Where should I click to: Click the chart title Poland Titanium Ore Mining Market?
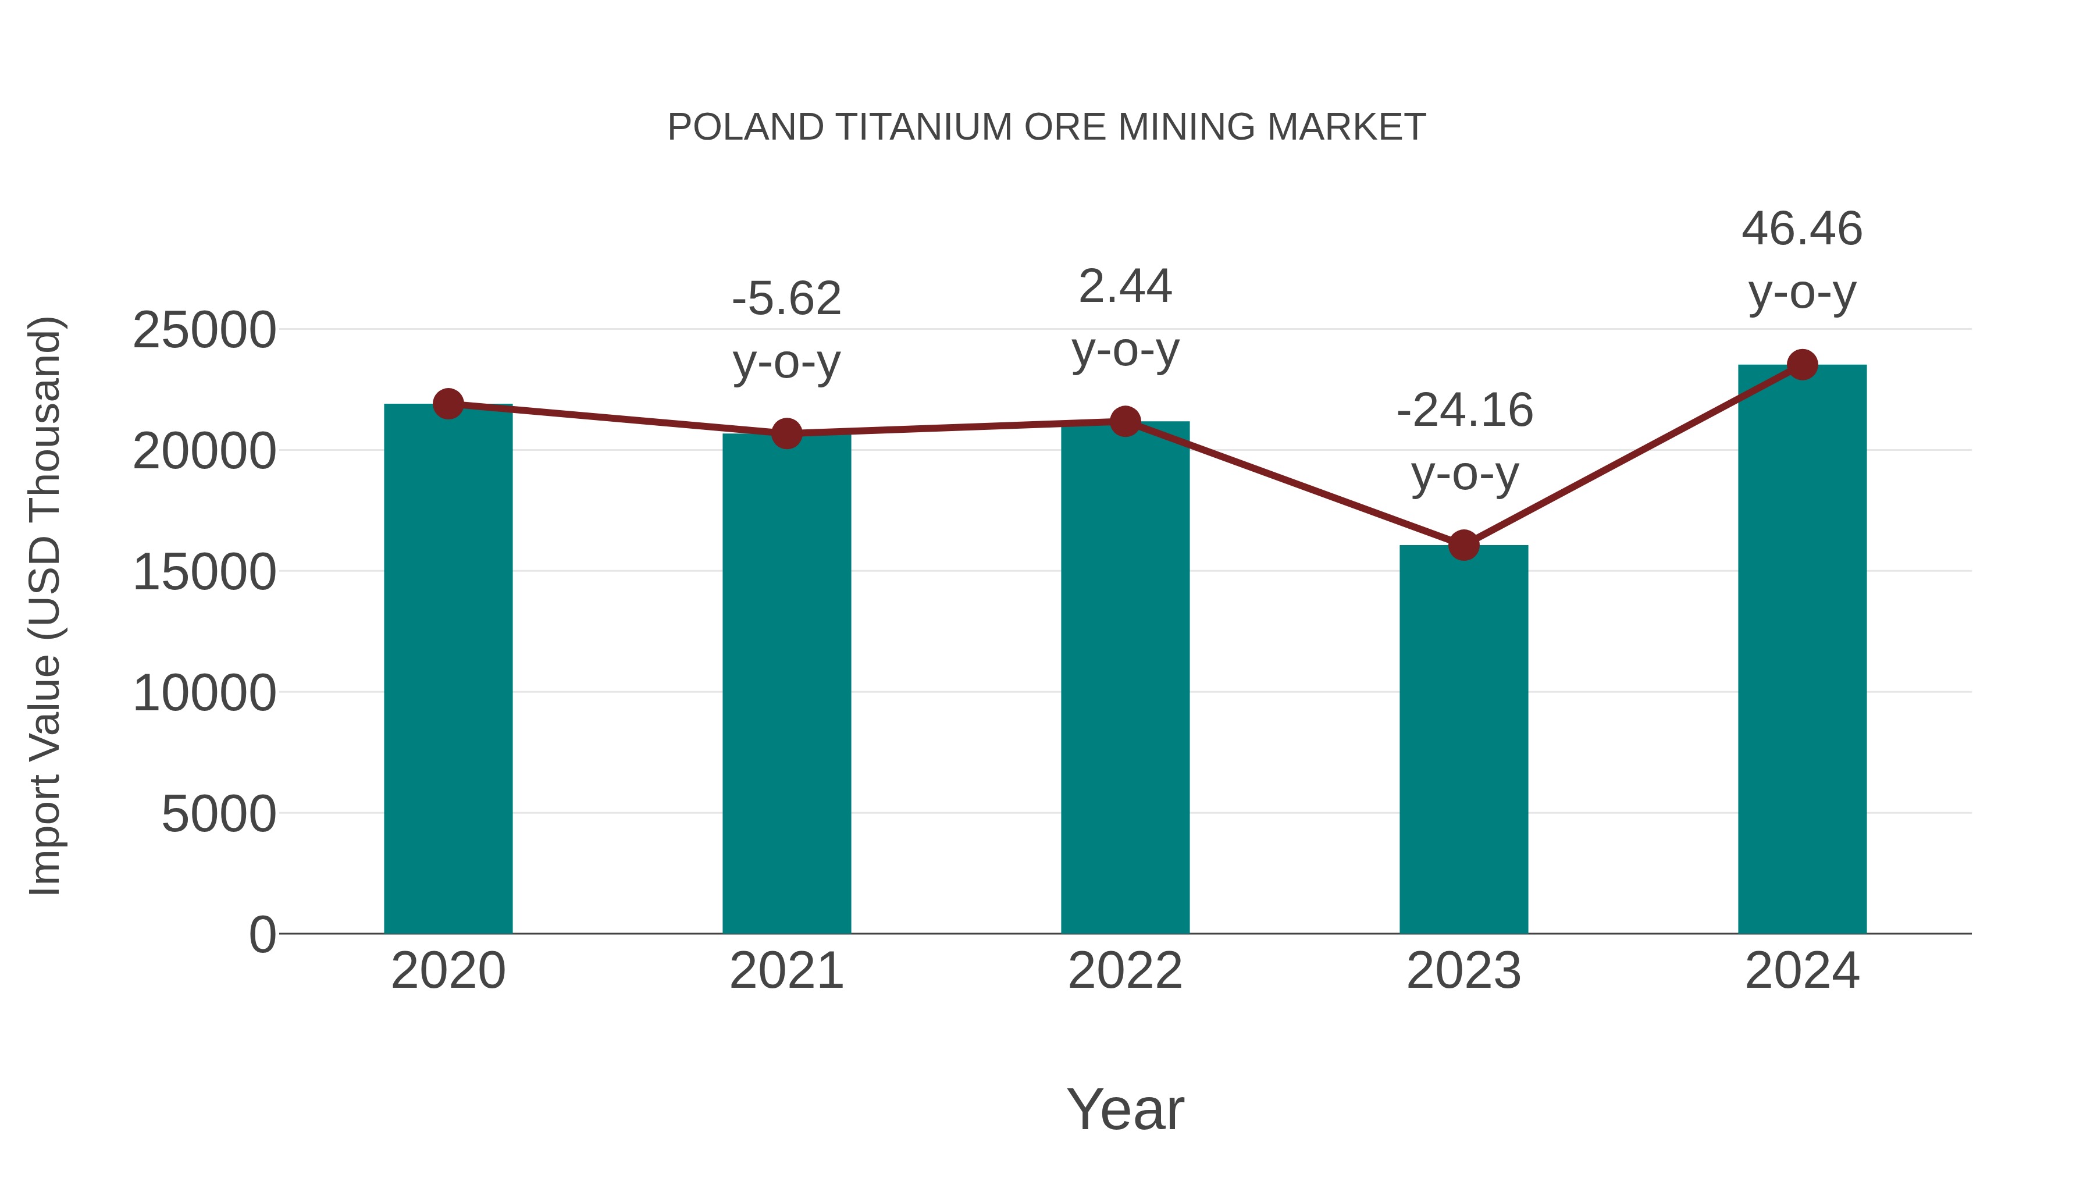coord(1046,127)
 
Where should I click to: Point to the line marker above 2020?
coord(448,403)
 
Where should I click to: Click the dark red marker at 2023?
coord(1463,544)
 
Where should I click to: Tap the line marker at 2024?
coord(1802,365)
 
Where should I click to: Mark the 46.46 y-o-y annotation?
coord(1802,259)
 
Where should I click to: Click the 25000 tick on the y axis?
coord(204,331)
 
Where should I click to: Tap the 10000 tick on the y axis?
coord(204,693)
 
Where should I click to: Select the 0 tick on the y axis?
coord(262,934)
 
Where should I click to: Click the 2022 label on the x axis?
coord(1124,971)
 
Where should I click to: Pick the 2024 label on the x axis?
coord(1801,971)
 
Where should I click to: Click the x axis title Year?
coord(1125,1109)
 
